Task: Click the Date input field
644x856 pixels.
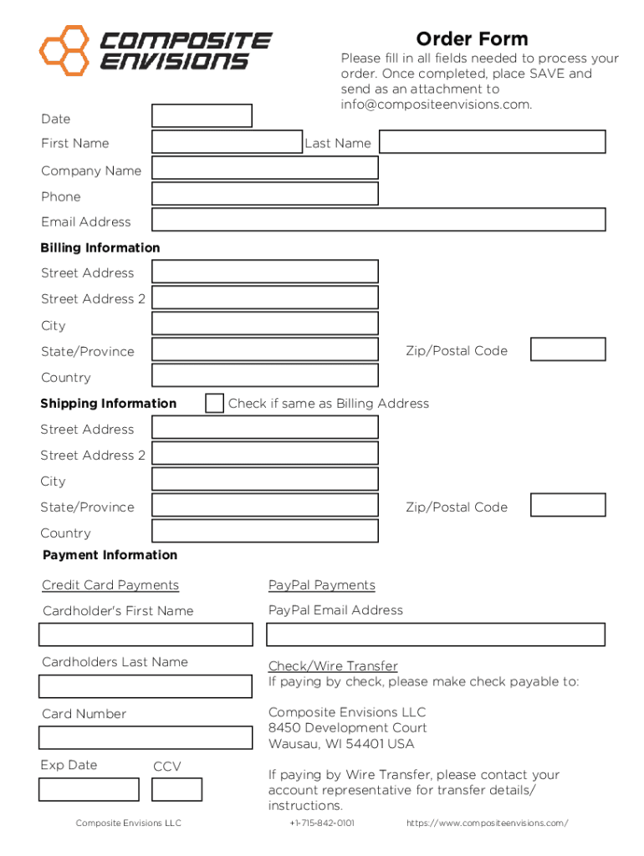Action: point(202,116)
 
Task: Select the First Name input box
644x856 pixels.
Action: point(227,142)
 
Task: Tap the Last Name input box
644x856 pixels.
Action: point(493,142)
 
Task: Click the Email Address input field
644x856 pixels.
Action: point(378,220)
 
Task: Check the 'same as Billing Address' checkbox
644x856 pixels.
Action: point(215,403)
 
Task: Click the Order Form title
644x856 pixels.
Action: point(472,39)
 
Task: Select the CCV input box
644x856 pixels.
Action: point(176,789)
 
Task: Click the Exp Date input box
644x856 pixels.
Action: point(89,789)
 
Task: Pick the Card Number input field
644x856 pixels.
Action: point(145,737)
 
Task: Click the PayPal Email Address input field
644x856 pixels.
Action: point(435,634)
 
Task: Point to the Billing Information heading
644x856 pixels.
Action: point(100,247)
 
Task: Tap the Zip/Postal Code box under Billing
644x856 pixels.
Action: point(568,349)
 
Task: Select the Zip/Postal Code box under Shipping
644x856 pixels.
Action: point(568,505)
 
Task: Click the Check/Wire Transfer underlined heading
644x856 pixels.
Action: point(333,666)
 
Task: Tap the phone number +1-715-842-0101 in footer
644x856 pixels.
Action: point(322,823)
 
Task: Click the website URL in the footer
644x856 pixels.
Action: point(487,823)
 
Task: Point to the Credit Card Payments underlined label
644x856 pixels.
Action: point(110,585)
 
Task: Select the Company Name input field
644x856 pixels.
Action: point(264,168)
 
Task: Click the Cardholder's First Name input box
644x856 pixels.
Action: point(145,634)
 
